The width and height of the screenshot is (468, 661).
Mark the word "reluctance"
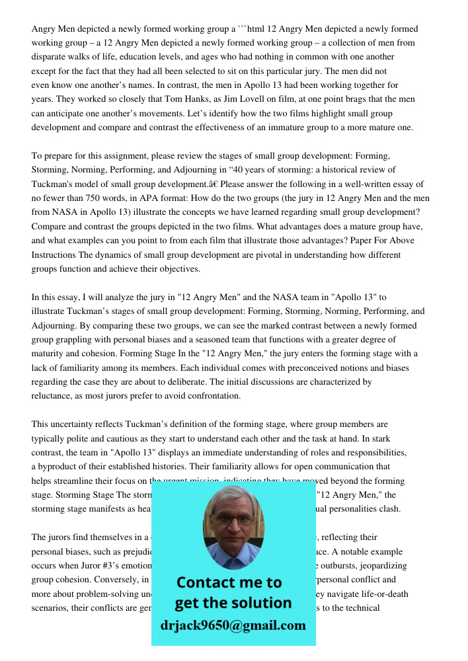point(53,396)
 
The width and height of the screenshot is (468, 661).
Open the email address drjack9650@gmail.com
point(233,625)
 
